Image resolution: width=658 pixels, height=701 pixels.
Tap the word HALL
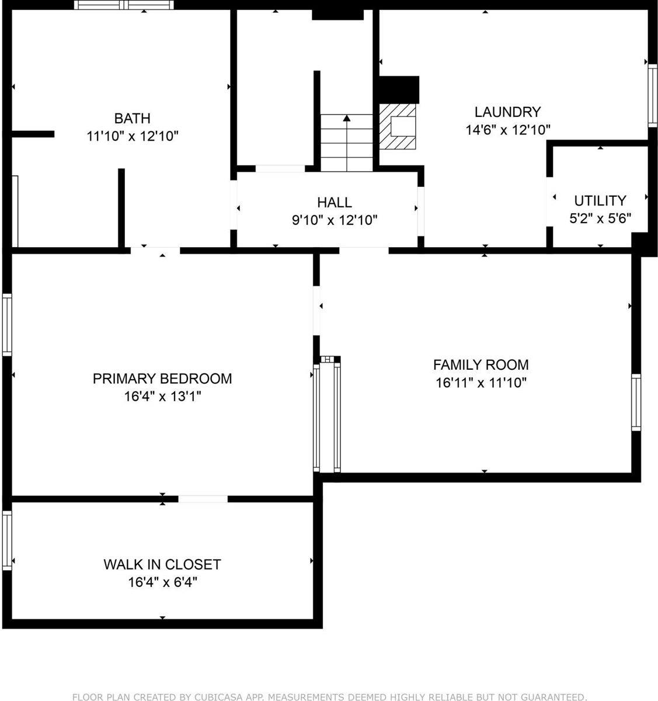tap(335, 202)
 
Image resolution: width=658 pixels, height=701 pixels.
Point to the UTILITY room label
tap(600, 201)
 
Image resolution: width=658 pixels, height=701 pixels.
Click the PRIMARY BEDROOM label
tap(162, 379)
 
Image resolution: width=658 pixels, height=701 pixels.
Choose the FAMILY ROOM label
tap(481, 365)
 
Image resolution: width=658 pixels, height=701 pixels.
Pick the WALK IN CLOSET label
tap(162, 564)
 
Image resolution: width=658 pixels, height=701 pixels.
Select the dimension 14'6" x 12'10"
tap(507, 130)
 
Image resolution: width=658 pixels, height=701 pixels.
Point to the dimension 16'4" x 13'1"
tap(162, 397)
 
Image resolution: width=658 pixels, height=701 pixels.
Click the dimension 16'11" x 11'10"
tap(481, 383)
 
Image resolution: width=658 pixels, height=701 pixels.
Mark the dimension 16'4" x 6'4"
tap(162, 582)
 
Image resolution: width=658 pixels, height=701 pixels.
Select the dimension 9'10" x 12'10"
tap(335, 220)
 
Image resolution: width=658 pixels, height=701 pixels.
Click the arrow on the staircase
tap(347, 119)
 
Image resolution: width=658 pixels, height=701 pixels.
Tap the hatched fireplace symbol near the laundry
tap(398, 127)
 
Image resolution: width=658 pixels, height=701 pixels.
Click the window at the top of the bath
tap(124, 5)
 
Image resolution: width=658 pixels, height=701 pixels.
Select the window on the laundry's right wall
tap(653, 95)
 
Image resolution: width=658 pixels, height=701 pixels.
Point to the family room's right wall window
tap(636, 402)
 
